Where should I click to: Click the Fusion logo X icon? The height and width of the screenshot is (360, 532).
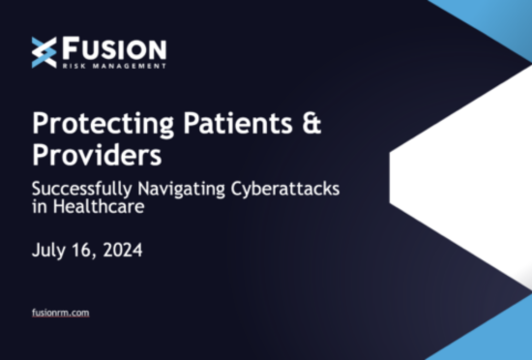point(44,52)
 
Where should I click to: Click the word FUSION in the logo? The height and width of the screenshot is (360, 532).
point(113,48)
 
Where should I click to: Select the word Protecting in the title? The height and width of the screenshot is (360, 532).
point(87,124)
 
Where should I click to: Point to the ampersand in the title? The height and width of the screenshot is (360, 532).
point(310,124)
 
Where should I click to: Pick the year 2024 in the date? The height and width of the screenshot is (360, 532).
point(122,251)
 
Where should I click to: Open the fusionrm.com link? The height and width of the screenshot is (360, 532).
point(61,313)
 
